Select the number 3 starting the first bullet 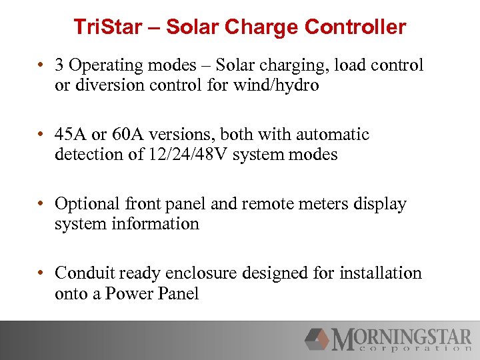[x=60, y=65]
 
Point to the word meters [x=323, y=204]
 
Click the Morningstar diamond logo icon [x=317, y=339]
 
